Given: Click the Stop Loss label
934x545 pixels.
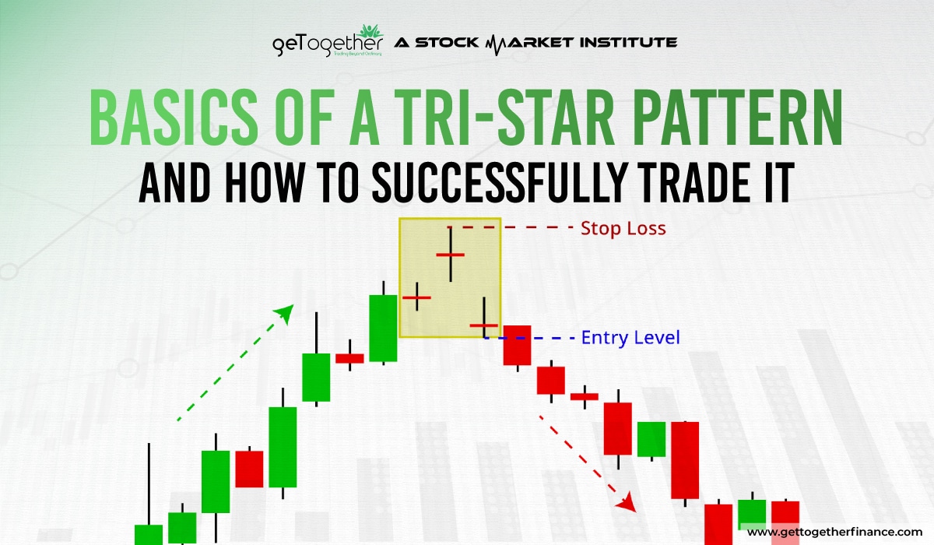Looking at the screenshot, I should (x=623, y=229).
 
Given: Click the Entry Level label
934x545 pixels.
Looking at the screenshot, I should (x=630, y=338).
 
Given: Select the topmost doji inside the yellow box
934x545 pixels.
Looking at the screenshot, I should (x=450, y=255).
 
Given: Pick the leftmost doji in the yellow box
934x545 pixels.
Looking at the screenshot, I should (x=416, y=297).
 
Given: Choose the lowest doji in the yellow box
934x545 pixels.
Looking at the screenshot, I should (x=483, y=325).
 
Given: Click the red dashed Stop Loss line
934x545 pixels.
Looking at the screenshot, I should (x=510, y=228).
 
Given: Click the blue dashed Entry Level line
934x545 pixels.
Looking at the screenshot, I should (x=537, y=339).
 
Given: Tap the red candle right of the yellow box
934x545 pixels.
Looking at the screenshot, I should (x=516, y=345).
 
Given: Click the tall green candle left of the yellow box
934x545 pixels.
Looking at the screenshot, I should (x=383, y=328).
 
